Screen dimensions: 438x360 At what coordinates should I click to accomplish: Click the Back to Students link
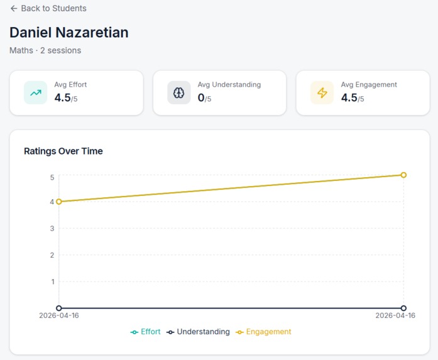tap(48, 8)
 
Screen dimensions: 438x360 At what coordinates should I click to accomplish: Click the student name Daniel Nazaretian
tap(69, 33)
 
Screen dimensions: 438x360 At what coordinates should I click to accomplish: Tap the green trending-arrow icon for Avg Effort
tap(35, 92)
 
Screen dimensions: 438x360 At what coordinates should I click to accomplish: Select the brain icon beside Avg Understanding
tap(178, 92)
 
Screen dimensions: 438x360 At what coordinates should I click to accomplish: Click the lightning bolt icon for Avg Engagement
tap(322, 92)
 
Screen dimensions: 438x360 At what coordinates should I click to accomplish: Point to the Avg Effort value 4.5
tap(63, 98)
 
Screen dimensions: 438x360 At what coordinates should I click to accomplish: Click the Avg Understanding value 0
tap(201, 98)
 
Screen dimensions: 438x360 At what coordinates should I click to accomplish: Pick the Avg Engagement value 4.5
tap(349, 98)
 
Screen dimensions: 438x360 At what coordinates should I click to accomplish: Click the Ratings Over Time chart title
tap(63, 151)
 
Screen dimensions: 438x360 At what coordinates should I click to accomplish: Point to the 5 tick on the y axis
tap(52, 177)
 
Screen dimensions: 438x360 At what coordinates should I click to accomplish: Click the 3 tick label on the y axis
tap(52, 229)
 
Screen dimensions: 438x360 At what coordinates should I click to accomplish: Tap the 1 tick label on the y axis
tap(53, 281)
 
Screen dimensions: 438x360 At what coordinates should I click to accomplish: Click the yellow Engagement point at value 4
tap(59, 202)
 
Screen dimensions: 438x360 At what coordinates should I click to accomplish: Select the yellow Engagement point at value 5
tap(403, 175)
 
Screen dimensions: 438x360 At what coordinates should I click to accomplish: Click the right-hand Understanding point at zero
tap(403, 308)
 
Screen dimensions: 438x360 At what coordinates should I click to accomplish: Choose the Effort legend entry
tap(146, 332)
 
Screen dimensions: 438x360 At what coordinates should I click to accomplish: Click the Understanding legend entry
tap(198, 332)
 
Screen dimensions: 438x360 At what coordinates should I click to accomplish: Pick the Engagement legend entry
tap(263, 332)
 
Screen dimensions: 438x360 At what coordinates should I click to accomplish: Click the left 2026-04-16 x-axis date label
tap(59, 315)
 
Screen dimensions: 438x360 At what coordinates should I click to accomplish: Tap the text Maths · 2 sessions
tap(45, 50)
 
